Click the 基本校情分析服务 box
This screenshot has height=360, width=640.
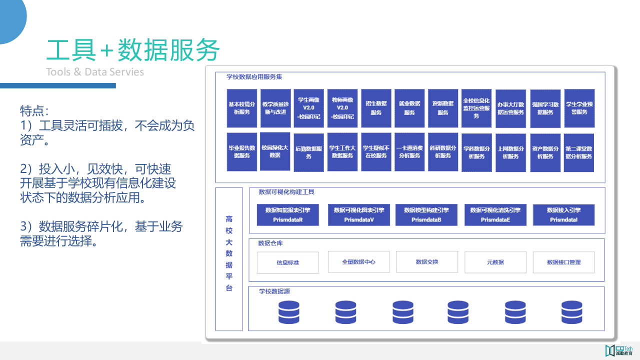[x=242, y=108]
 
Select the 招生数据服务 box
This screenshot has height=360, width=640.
[x=376, y=108]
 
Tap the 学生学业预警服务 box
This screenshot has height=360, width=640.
[x=579, y=108]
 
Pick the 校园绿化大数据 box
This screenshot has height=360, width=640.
[x=274, y=152]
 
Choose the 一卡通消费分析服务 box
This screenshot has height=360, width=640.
[x=409, y=152]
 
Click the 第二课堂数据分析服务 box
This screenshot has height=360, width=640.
[x=579, y=152]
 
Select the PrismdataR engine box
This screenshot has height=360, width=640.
[x=287, y=215]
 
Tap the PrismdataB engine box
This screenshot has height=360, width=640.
[x=426, y=215]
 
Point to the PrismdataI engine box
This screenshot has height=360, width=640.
[x=563, y=215]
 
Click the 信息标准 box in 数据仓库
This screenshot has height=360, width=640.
[x=287, y=262]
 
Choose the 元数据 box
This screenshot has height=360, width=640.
[x=495, y=262]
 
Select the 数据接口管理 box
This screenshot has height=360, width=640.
[x=563, y=262]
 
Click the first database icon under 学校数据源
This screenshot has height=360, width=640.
[x=288, y=312]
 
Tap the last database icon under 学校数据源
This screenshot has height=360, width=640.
[x=571, y=312]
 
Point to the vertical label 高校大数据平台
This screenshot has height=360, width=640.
[x=229, y=253]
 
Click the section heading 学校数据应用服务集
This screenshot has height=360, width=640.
[x=254, y=77]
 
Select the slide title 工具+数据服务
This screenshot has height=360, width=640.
[x=133, y=50]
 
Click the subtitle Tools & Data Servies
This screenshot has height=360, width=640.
[x=95, y=72]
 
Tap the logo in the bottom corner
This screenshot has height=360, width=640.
[x=619, y=350]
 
